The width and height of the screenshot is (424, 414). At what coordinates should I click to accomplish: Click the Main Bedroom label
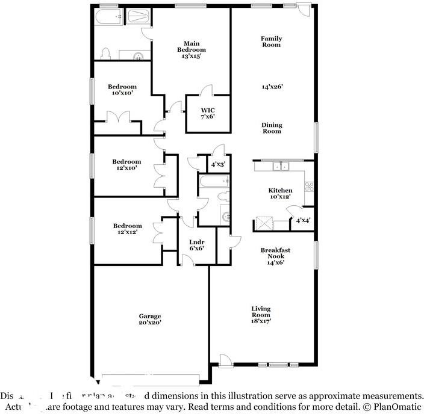click(x=195, y=49)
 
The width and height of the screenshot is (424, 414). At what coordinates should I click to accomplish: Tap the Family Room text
click(x=271, y=42)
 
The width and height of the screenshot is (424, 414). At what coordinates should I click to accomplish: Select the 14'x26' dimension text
click(x=272, y=86)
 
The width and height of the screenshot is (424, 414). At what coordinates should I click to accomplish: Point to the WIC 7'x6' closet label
click(x=208, y=113)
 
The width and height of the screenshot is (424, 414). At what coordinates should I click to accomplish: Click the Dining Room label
click(x=272, y=128)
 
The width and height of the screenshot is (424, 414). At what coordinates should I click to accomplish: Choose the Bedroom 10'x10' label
click(x=122, y=90)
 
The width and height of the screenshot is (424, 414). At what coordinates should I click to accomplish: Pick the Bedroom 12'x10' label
click(x=126, y=164)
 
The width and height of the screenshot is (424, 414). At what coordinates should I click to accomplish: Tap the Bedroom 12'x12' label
click(x=127, y=229)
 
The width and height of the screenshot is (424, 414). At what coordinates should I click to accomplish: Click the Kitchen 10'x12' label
click(x=280, y=194)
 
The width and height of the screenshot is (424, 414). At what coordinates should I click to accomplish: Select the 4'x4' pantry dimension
click(x=302, y=221)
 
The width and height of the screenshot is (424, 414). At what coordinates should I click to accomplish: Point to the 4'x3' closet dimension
click(x=217, y=164)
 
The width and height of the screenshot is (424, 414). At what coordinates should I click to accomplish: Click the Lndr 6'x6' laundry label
click(x=196, y=245)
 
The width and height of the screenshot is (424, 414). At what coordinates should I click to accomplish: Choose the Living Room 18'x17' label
click(x=261, y=314)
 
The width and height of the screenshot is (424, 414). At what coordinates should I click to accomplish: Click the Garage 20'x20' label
click(x=150, y=319)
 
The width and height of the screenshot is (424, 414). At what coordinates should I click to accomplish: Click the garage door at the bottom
click(x=150, y=378)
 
